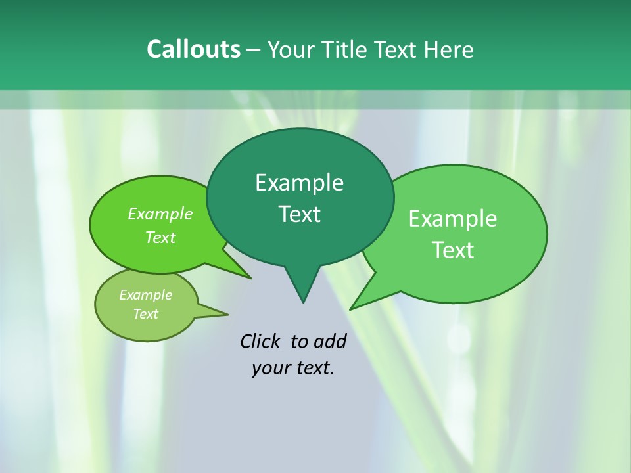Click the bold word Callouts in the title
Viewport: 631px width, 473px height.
[x=193, y=49]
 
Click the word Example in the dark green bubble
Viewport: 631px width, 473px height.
[x=299, y=183]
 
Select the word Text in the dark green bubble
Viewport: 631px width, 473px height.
[x=299, y=214]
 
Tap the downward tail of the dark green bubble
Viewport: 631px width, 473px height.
[x=302, y=289]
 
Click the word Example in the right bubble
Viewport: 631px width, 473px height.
[x=453, y=219]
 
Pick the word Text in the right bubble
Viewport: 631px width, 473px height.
[x=453, y=250]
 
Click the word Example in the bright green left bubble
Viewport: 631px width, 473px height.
[x=160, y=214]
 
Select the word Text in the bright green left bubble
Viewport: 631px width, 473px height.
[x=160, y=237]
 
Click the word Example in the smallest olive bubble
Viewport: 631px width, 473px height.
[x=145, y=295]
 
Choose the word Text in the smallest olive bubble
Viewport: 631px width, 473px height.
[x=145, y=314]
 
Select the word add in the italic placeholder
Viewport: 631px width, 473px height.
[x=330, y=341]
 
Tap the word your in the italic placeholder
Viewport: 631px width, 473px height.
[x=269, y=368]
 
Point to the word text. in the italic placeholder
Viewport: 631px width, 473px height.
[x=314, y=368]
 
